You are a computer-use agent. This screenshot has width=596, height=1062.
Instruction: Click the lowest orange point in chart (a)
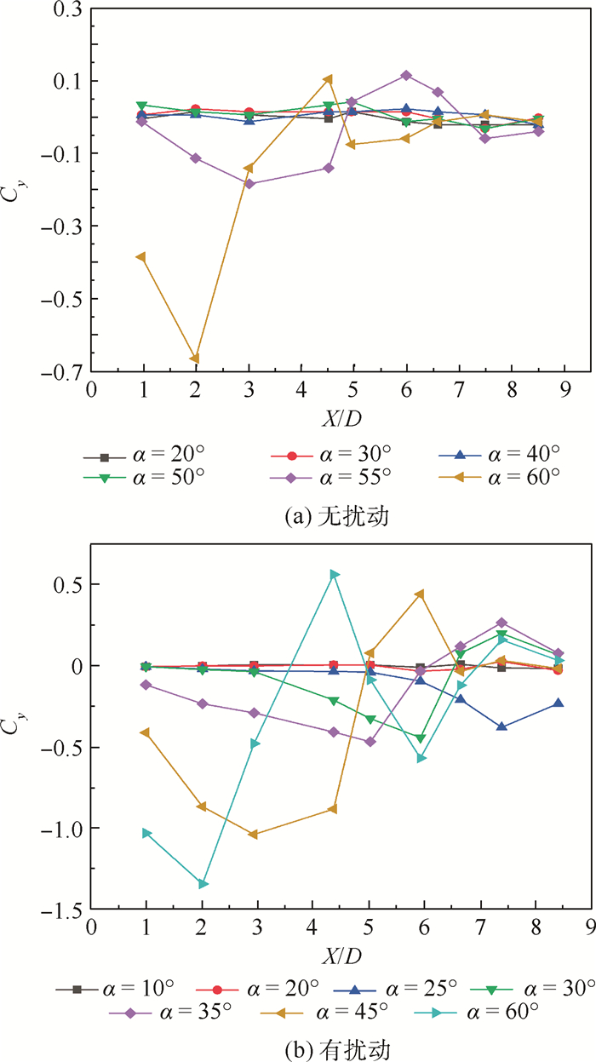click(195, 359)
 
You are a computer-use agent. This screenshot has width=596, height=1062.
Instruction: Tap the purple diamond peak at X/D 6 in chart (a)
click(407, 75)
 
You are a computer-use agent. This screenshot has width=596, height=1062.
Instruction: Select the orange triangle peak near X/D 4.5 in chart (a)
click(328, 79)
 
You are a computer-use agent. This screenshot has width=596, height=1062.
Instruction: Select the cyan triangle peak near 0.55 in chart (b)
click(335, 575)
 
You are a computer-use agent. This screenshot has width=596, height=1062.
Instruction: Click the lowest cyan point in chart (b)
click(203, 884)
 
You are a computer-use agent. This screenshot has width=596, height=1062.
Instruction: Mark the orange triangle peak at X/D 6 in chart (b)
click(419, 594)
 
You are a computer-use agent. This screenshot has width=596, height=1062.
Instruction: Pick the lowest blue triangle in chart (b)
click(502, 726)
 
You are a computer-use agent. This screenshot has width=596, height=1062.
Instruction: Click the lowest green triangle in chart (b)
click(421, 738)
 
